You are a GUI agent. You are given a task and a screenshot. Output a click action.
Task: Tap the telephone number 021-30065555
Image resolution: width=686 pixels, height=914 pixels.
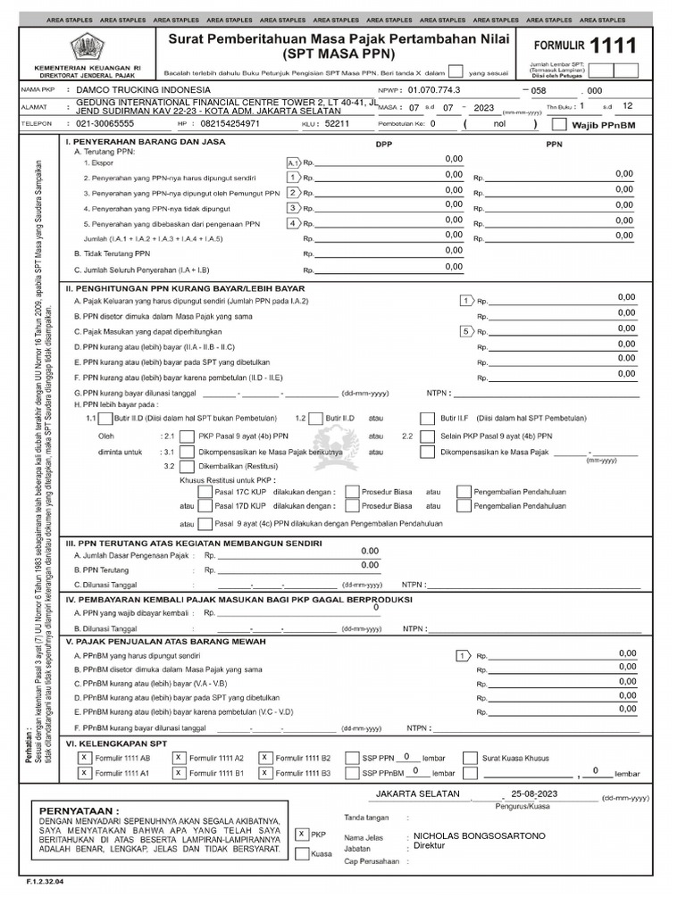105,124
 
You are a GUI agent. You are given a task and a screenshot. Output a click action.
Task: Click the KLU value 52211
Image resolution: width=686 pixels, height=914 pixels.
337,124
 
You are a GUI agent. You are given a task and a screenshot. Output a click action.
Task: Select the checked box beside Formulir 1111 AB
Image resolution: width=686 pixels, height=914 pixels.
83,757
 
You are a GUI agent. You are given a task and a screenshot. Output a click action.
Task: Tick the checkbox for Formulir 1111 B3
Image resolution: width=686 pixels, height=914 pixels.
265,773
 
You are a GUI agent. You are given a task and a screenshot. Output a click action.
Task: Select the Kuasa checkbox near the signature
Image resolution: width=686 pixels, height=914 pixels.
301,853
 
